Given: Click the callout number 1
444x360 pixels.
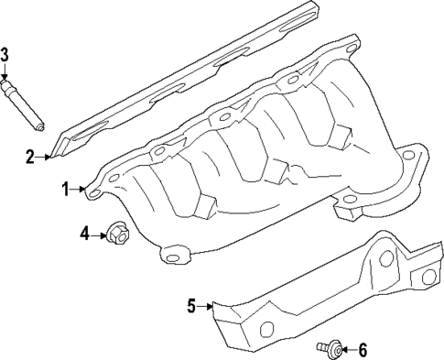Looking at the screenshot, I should tap(65, 189).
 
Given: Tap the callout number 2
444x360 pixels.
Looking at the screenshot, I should tap(30, 158).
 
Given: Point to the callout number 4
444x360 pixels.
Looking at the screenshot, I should tap(83, 235).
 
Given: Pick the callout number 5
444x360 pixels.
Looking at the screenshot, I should tap(191, 306).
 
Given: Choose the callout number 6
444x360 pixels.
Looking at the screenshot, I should tap(362, 349).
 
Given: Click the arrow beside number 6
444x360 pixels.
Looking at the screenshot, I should tap(347, 349).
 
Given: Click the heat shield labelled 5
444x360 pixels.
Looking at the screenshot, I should tap(311, 293).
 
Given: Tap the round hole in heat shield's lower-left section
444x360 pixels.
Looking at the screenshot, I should tap(265, 329).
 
